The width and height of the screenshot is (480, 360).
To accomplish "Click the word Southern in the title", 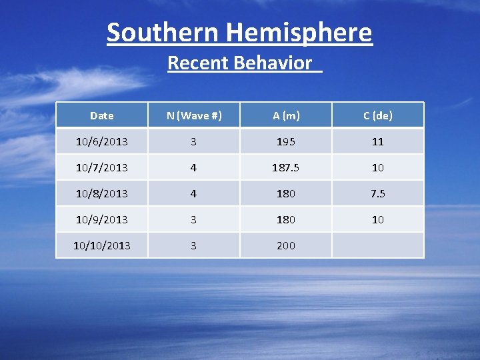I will (x=163, y=32).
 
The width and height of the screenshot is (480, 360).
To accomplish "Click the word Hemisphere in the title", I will (x=299, y=32).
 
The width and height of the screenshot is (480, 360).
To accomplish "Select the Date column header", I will (x=102, y=115).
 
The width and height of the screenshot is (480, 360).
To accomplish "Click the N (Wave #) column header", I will (x=194, y=115).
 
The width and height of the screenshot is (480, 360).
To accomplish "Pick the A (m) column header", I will (x=286, y=115).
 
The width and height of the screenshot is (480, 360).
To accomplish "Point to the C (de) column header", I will (x=378, y=115).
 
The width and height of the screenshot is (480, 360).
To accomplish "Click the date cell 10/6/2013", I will (x=102, y=141).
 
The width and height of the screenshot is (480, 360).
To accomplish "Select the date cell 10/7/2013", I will (x=102, y=167).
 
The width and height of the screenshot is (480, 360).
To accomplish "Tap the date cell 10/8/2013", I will (x=102, y=193).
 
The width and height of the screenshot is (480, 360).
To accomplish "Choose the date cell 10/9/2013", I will (x=102, y=219).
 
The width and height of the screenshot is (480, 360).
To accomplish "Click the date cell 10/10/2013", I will (x=102, y=245).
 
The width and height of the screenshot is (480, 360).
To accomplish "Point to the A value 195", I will (x=286, y=141).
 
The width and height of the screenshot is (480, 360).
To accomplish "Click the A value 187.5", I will (x=286, y=167).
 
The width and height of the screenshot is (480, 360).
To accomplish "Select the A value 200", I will (x=286, y=245).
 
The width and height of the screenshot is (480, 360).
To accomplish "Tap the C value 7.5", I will (x=378, y=193).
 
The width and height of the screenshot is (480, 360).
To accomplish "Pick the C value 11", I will (x=378, y=141).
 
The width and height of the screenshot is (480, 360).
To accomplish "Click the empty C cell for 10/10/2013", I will (x=378, y=245).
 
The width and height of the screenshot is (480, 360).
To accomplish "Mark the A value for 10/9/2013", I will (x=286, y=219).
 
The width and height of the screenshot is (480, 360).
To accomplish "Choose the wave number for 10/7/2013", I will (x=194, y=167).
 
